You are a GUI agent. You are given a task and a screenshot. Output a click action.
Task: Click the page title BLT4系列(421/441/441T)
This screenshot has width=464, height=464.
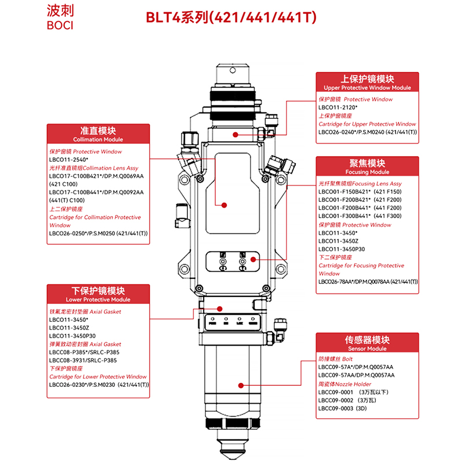click(230, 18)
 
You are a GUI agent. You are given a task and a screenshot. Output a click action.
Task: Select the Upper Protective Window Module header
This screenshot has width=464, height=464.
click(367, 82)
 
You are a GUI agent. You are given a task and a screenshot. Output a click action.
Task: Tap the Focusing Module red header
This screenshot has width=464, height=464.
click(367, 167)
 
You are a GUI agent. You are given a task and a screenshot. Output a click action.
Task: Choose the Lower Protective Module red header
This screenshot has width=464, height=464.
click(98, 295)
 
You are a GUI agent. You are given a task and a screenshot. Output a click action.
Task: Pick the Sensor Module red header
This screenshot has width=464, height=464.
click(367, 343)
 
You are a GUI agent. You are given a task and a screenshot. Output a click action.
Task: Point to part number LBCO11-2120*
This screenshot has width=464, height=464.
click(338, 107)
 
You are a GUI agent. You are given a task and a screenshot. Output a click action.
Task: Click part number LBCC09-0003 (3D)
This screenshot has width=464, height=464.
click(345, 408)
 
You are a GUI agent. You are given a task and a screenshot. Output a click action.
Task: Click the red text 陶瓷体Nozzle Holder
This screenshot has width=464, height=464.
click(345, 384)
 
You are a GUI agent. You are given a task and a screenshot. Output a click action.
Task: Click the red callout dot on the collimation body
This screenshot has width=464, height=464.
click(224, 204)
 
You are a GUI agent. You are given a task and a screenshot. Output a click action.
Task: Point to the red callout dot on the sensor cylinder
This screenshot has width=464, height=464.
click(240, 385)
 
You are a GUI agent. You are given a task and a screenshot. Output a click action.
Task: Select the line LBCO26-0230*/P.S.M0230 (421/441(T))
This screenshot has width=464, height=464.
click(99, 384)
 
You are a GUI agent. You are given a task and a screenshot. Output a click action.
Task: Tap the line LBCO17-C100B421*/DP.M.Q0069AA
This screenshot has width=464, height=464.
click(96, 176)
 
